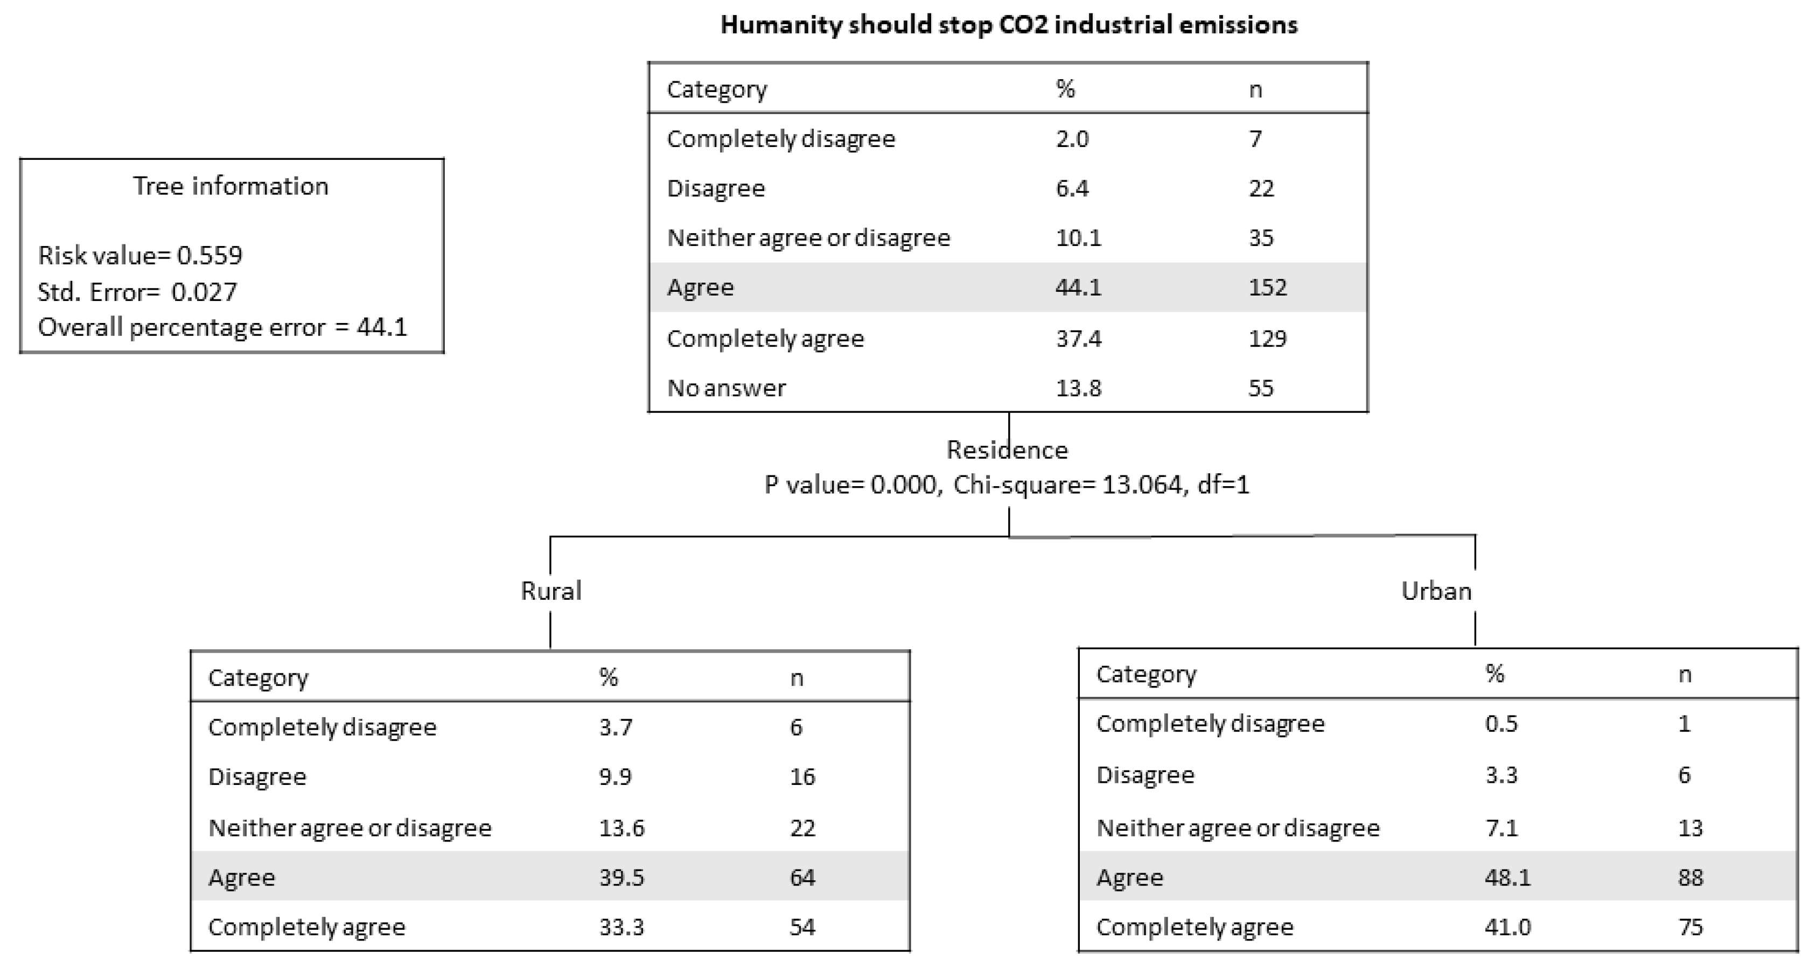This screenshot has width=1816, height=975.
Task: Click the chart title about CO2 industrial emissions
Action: (1008, 25)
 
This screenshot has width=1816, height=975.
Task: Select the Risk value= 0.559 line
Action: (140, 255)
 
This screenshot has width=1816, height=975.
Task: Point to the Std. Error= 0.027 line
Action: (137, 292)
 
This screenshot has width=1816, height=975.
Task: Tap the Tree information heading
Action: (231, 186)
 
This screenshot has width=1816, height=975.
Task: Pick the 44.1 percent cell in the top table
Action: (1078, 287)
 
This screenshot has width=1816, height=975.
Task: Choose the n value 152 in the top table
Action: (1267, 287)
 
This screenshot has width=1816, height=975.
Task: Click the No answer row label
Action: (726, 388)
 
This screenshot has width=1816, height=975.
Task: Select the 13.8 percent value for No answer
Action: (1078, 388)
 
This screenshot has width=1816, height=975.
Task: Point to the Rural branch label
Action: (550, 591)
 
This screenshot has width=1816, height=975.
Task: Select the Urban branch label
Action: (1436, 591)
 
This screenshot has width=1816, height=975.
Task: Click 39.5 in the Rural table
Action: (621, 877)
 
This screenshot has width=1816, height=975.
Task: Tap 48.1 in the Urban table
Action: (1507, 877)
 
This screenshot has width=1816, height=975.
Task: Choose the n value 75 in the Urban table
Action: (1690, 927)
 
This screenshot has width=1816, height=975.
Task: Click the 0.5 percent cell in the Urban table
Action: (1501, 724)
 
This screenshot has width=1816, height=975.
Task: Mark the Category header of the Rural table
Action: (258, 677)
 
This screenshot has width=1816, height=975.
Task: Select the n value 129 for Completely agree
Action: (1267, 339)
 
